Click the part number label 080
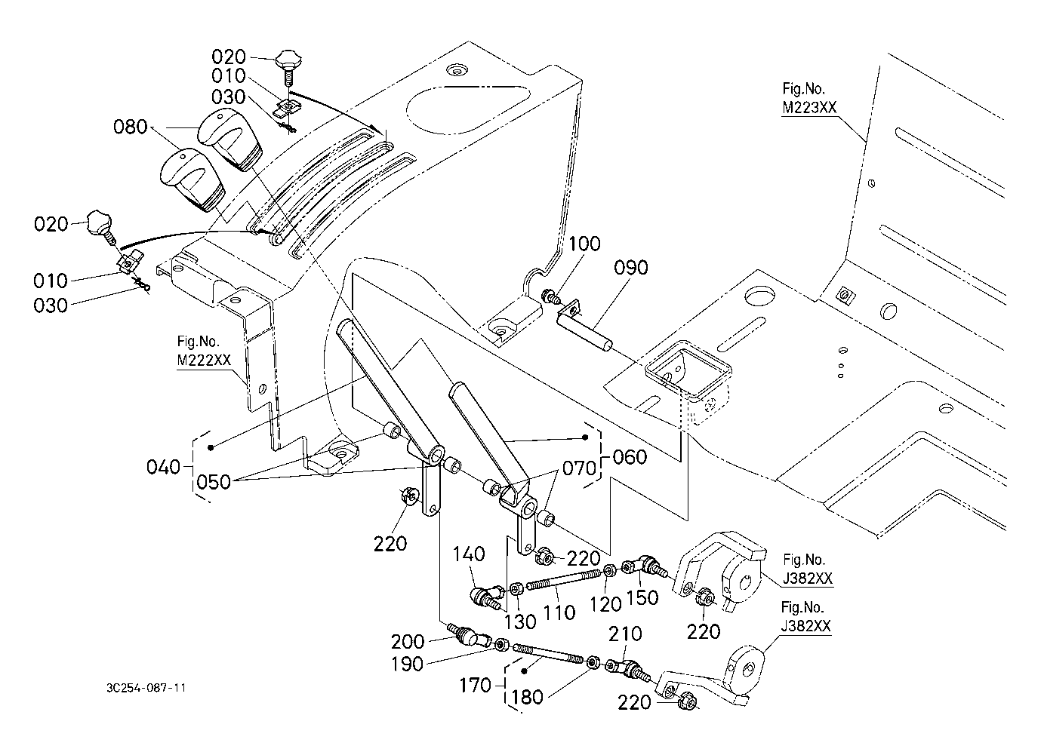point(130,127)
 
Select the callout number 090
point(630,268)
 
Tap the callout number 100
point(585,244)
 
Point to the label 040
point(164,468)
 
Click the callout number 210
point(626,634)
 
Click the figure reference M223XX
point(808,107)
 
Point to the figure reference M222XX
point(204,360)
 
